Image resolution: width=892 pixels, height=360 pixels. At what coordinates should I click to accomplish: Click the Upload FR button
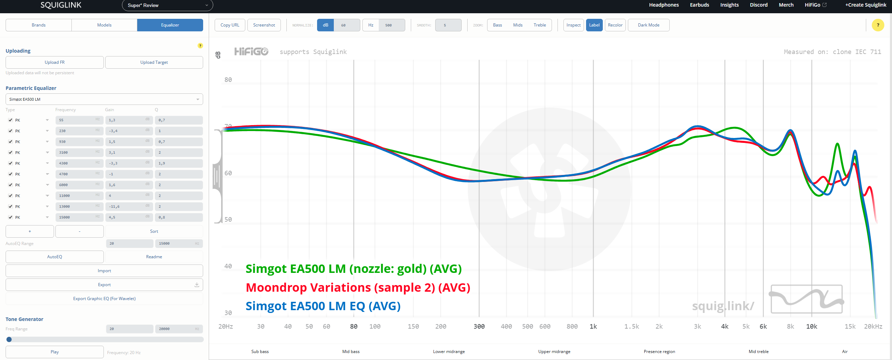[55, 62]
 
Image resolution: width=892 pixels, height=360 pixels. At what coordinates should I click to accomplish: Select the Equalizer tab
[170, 25]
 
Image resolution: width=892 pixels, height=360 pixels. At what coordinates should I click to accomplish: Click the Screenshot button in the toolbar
[264, 25]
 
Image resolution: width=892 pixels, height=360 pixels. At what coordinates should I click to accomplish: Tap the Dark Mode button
[648, 25]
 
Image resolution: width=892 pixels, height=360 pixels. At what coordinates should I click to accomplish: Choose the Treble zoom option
[539, 25]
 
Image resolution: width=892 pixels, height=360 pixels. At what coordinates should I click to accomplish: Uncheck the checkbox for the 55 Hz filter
[10, 120]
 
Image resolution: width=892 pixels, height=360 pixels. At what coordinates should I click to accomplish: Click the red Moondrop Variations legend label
[357, 288]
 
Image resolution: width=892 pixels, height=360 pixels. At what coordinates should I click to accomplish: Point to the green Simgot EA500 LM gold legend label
[353, 269]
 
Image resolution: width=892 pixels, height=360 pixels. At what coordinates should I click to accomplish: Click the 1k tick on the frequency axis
[593, 327]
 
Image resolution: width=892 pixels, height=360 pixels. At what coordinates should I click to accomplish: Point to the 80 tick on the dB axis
[228, 80]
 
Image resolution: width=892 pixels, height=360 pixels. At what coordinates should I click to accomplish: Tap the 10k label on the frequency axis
[812, 327]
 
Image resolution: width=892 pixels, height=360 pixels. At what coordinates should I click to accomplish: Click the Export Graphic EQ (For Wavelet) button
[104, 299]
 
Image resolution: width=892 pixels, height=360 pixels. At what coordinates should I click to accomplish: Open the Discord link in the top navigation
[759, 5]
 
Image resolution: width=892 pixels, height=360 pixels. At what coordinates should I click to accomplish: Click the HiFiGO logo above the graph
[251, 52]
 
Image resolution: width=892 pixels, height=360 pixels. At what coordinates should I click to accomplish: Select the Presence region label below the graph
[659, 352]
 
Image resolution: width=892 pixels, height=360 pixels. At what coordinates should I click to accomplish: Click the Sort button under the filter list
[154, 231]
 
